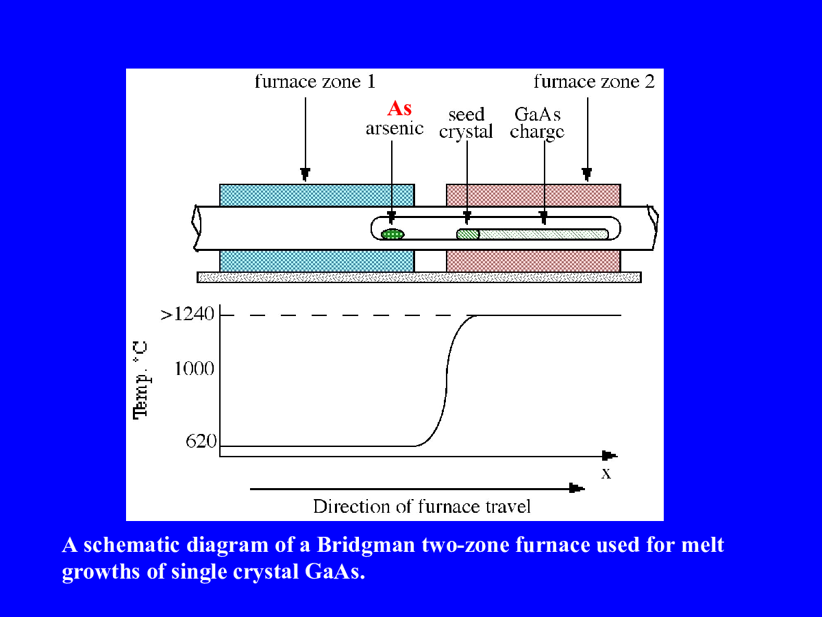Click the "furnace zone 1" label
(315, 82)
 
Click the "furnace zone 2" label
(594, 82)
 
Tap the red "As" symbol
(399, 108)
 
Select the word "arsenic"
(395, 128)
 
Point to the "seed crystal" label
(466, 123)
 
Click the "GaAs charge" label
(537, 123)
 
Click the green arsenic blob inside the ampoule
(393, 234)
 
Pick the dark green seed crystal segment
(468, 234)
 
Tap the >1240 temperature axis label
(187, 314)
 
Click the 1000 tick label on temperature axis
(195, 369)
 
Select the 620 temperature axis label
(201, 441)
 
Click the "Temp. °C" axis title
(141, 380)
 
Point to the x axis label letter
(606, 474)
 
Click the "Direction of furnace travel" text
(422, 507)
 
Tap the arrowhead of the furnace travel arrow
(577, 488)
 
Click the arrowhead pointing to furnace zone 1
(306, 175)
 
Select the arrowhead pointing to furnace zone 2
(587, 175)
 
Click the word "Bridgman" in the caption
(366, 546)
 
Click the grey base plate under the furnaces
(419, 277)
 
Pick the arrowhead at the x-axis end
(609, 455)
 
